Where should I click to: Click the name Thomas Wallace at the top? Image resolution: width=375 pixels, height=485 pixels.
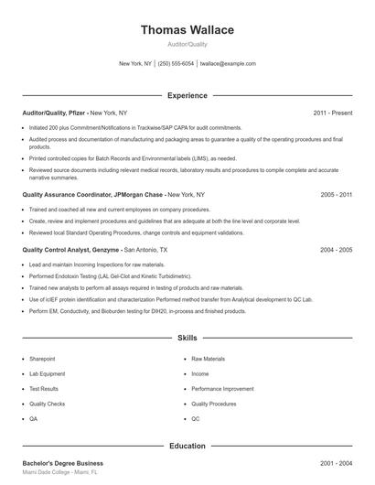pos(187,30)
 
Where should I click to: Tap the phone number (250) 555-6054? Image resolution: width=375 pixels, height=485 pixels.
pos(176,64)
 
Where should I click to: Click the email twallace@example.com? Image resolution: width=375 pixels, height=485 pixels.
pos(228,64)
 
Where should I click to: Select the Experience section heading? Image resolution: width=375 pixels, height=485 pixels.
pos(187,95)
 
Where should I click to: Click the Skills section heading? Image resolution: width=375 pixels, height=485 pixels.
pos(187,338)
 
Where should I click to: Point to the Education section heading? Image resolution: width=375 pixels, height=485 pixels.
pos(187,446)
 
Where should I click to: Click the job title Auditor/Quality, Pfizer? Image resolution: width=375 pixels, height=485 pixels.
pos(55,113)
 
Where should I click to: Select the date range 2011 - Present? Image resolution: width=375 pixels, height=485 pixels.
pos(332,113)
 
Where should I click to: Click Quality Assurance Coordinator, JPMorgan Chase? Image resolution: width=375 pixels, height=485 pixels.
pos(92,195)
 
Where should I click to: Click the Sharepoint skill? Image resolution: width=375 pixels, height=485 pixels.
pos(42,359)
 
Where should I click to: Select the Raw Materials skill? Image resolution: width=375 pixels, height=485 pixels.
pos(208,359)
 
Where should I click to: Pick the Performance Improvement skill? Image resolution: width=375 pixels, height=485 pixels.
pos(222,389)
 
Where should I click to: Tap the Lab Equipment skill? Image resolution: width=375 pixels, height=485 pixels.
pos(47,373)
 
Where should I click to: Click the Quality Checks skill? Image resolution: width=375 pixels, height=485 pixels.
pos(47,404)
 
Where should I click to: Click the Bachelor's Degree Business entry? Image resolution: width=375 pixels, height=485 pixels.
pos(62,463)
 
